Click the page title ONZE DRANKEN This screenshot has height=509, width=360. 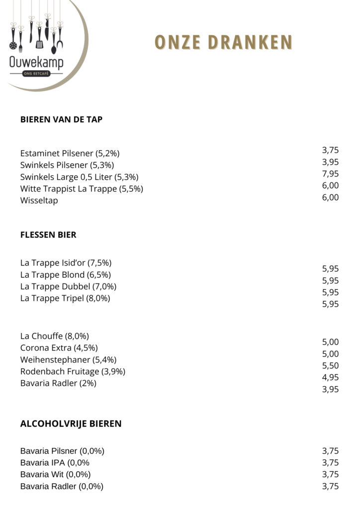click(223, 43)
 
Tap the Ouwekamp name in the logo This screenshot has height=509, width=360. click(36, 63)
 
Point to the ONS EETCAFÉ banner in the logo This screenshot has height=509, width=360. click(36, 74)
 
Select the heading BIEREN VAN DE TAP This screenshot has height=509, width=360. click(61, 119)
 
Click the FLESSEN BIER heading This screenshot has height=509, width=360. click(48, 235)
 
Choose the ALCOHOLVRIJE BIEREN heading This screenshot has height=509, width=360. click(71, 424)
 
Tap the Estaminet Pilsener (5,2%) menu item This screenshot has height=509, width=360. click(70, 153)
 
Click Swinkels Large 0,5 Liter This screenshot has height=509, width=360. click(79, 177)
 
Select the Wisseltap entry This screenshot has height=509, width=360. click(39, 201)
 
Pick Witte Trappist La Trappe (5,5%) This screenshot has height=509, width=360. click(82, 189)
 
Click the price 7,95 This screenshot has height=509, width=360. click(330, 173)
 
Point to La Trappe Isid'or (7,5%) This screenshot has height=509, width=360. click(66, 262)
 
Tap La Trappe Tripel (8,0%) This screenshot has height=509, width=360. click(65, 298)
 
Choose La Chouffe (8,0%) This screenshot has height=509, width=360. click(55, 336)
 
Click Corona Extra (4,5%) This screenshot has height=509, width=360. click(59, 348)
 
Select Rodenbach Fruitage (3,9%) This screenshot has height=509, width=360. click(73, 372)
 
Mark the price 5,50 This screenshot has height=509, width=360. click(330, 365)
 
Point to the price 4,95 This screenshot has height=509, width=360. click(330, 377)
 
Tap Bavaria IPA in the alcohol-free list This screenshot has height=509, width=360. click(55, 463)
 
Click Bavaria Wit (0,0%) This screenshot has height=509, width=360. click(55, 475)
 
